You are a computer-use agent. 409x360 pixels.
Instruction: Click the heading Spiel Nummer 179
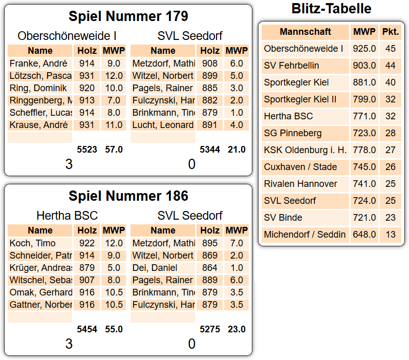(128, 16)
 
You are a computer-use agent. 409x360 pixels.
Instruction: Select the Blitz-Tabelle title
(331, 8)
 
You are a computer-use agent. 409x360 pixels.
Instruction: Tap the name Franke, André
(38, 63)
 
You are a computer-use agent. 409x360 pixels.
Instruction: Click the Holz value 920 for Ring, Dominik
(87, 88)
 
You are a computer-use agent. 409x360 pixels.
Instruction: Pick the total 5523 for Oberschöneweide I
(87, 150)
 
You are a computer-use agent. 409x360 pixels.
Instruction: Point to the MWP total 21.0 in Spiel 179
(236, 150)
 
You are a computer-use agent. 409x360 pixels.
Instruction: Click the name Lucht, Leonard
(163, 125)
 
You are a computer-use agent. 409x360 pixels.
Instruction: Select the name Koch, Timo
(32, 243)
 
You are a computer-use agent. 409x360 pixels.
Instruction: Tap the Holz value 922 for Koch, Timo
(87, 243)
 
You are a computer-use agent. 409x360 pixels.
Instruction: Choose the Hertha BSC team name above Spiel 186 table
(67, 216)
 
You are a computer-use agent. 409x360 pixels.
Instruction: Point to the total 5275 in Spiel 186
(210, 329)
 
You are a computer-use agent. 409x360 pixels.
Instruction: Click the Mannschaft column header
(305, 32)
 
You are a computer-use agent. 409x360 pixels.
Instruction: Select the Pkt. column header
(391, 32)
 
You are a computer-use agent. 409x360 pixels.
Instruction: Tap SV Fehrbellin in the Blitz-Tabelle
(291, 66)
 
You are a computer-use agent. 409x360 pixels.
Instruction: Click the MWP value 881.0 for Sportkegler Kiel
(364, 82)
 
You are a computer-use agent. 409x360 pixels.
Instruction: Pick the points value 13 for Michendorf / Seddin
(391, 235)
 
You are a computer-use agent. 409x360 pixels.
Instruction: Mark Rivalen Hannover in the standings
(300, 184)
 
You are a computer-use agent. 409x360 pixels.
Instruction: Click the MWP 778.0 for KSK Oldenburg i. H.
(364, 150)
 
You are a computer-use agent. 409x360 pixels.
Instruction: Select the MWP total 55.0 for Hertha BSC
(114, 329)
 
